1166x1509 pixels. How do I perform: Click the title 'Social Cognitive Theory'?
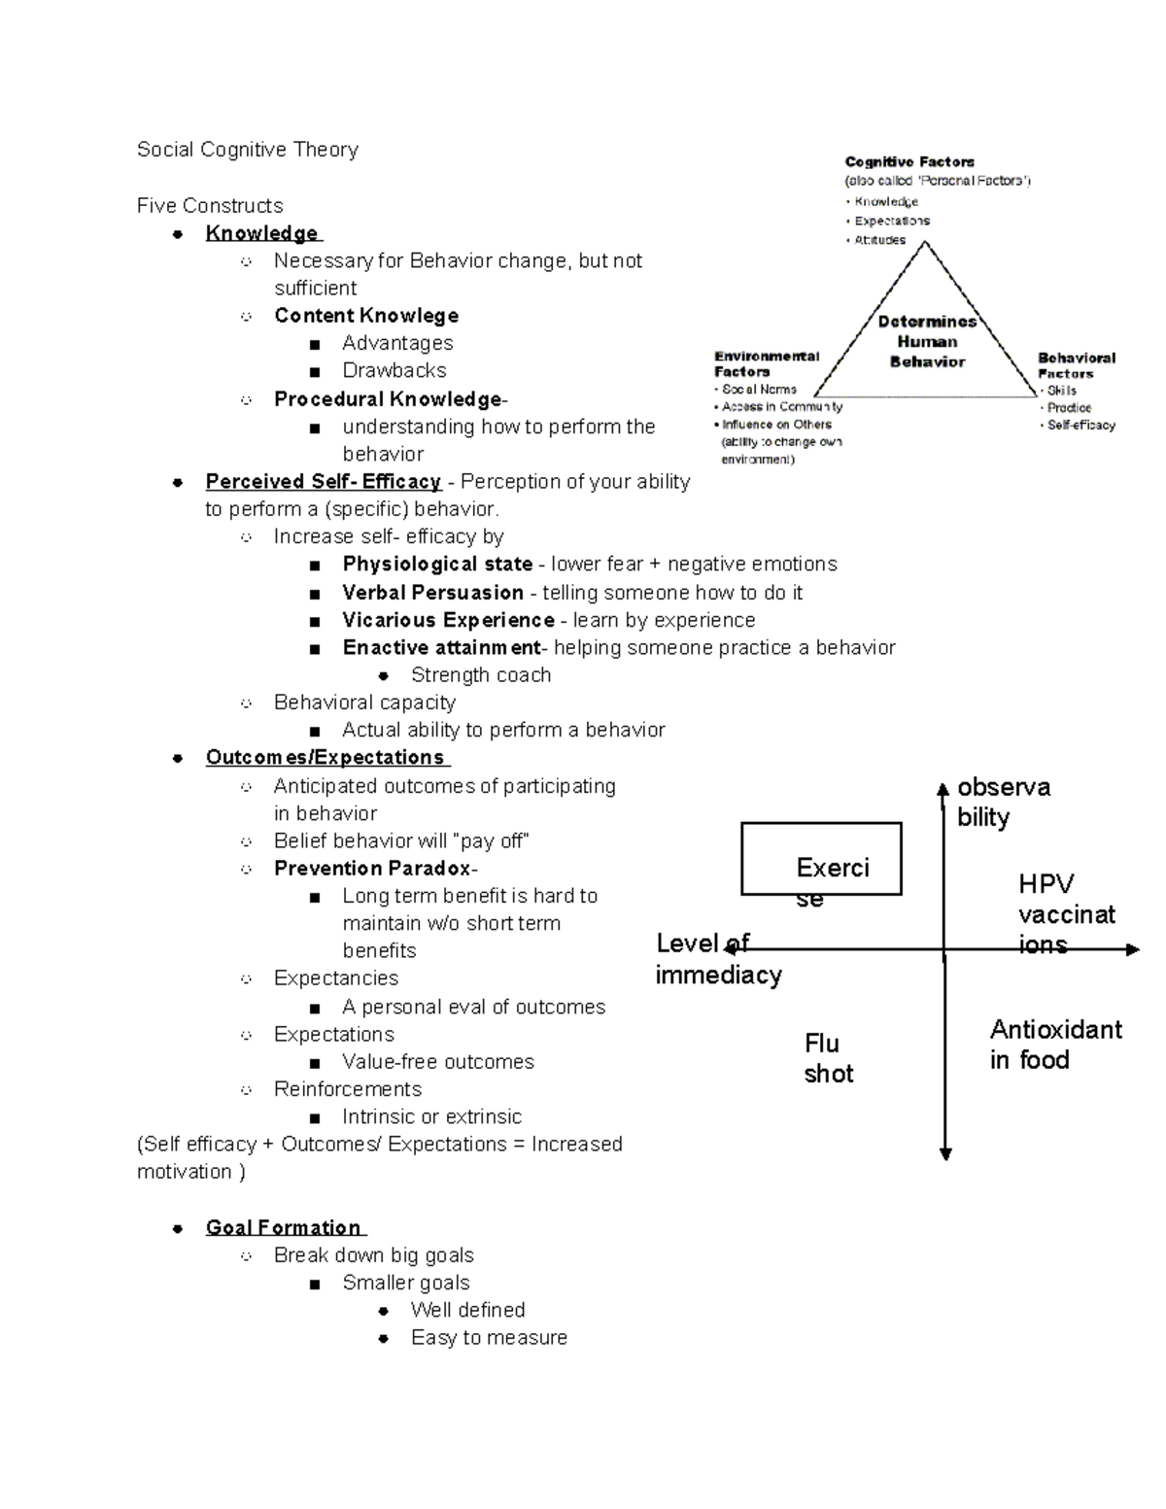click(248, 150)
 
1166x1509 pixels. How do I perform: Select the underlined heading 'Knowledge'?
click(262, 233)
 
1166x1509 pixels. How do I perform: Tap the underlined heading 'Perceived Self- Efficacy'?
click(324, 482)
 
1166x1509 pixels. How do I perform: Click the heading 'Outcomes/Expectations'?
click(326, 758)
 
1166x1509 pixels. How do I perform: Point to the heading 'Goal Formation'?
click(284, 1228)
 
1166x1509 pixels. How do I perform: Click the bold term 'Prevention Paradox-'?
click(375, 869)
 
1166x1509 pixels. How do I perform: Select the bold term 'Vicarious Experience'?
click(448, 620)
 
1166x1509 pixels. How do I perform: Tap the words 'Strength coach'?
click(481, 675)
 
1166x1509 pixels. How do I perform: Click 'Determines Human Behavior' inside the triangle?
click(927, 342)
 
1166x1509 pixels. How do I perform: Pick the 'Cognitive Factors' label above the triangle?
click(909, 162)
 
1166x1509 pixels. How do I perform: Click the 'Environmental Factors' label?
click(767, 363)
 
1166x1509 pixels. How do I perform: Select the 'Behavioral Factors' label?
click(1076, 365)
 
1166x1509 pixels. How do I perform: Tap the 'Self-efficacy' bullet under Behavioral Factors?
click(1080, 426)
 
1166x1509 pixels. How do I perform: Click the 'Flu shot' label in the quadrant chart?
click(828, 1058)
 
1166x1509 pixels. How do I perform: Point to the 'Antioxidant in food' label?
click(1055, 1045)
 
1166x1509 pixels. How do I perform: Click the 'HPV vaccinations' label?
click(1066, 913)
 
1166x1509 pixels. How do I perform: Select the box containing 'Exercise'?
click(821, 858)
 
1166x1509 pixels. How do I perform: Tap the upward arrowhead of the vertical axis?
click(943, 789)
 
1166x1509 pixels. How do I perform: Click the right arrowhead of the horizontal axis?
click(1132, 949)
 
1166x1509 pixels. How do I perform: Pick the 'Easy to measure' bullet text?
click(489, 1338)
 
